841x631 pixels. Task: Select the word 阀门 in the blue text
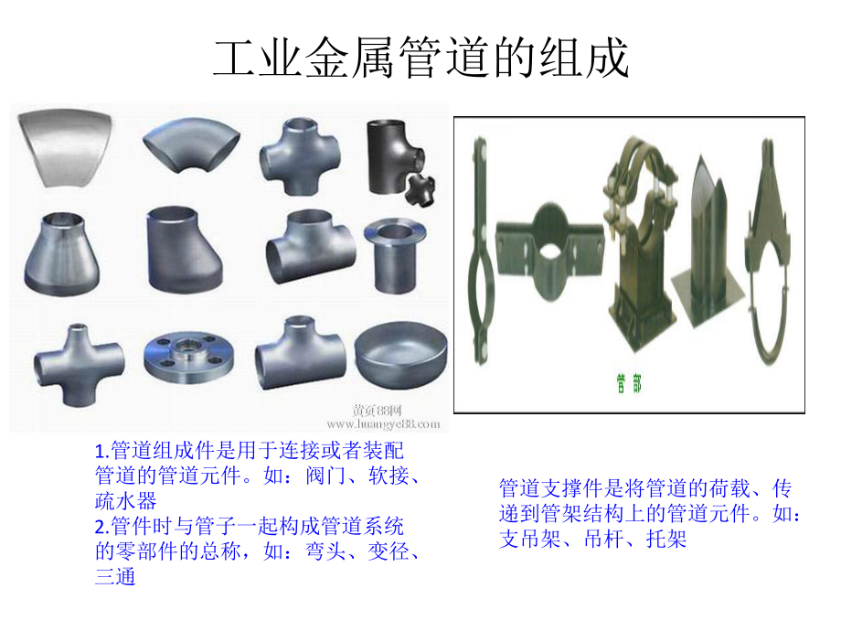[328, 476]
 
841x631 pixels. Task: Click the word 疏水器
[126, 500]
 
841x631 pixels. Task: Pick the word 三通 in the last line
[115, 577]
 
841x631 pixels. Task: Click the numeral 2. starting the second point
[101, 527]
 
